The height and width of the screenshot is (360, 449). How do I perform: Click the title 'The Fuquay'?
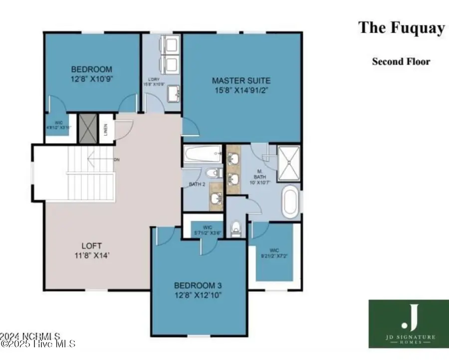(401, 28)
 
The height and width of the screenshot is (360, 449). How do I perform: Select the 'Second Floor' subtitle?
(401, 62)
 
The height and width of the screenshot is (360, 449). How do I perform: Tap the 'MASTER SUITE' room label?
(241, 80)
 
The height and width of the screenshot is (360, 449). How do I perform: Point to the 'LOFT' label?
(92, 246)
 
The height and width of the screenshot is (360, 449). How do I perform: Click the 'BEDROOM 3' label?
(198, 285)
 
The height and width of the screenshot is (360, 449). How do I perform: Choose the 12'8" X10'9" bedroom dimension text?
(91, 78)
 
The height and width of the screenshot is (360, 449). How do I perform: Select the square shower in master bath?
(288, 163)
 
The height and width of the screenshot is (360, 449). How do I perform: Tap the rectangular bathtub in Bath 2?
(203, 154)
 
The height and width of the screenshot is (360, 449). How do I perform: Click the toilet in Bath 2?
(214, 173)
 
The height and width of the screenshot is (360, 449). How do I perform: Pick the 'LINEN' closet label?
(106, 129)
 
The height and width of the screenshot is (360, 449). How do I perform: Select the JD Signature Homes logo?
(408, 324)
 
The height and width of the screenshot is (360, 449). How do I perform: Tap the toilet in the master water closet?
(236, 228)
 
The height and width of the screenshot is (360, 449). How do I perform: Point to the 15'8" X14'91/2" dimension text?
(241, 90)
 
